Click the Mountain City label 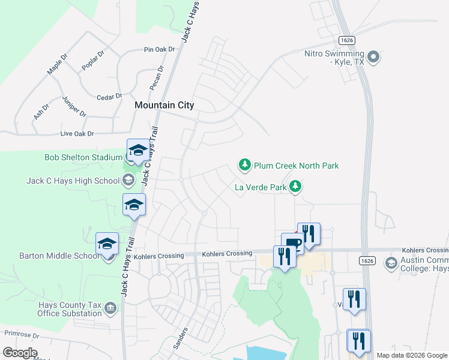[x=164, y=105]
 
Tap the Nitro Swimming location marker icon [x=373, y=58]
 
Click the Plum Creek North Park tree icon [x=244, y=164]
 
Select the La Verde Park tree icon [x=295, y=187]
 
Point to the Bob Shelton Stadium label [x=83, y=158]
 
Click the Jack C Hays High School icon [x=128, y=180]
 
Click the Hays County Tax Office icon [x=110, y=308]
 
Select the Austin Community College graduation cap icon [x=391, y=263]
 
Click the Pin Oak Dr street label [x=159, y=50]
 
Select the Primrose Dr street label [x=21, y=334]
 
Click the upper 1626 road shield [x=346, y=40]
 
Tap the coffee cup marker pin [x=292, y=243]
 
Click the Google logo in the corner [x=20, y=353]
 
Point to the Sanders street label [x=181, y=338]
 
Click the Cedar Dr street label [x=109, y=96]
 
